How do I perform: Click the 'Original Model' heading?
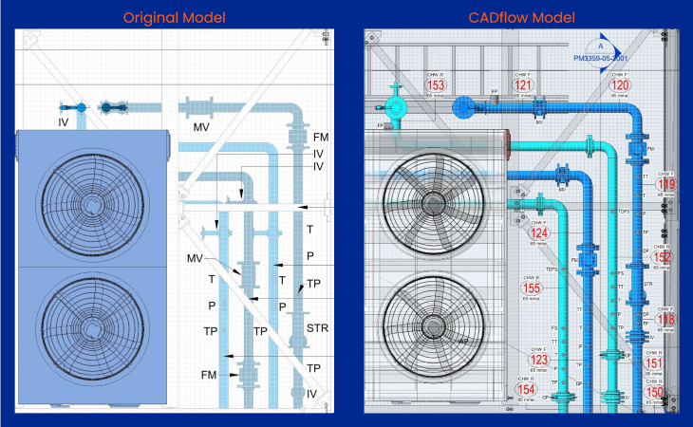pyautogui.click(x=174, y=16)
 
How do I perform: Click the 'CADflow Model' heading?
pyautogui.click(x=520, y=16)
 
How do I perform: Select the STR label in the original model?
pyautogui.click(x=317, y=329)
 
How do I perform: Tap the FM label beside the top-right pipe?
pyautogui.click(x=321, y=138)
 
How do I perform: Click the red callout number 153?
pyautogui.click(x=438, y=84)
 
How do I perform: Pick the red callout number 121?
pyautogui.click(x=522, y=84)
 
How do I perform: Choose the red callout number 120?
pyautogui.click(x=620, y=84)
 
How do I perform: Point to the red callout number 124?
pyautogui.click(x=539, y=232)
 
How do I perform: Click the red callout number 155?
pyautogui.click(x=532, y=288)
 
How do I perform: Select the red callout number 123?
pyautogui.click(x=539, y=360)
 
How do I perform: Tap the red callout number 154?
pyautogui.click(x=527, y=389)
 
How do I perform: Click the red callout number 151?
pyautogui.click(x=654, y=362)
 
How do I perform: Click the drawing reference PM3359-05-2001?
pyautogui.click(x=600, y=58)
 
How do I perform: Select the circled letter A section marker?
pyautogui.click(x=600, y=43)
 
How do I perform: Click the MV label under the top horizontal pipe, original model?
pyautogui.click(x=201, y=126)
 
